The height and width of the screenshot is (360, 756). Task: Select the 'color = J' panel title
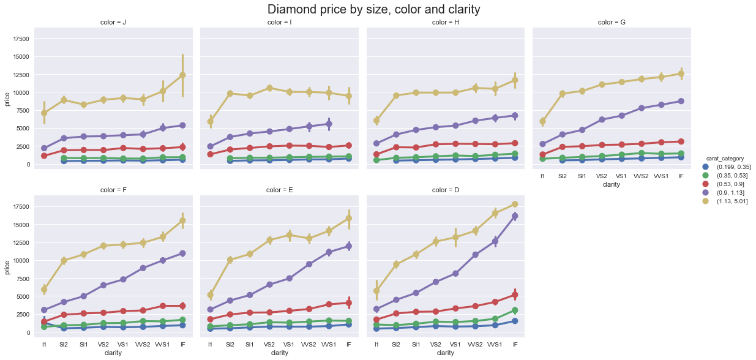[113, 23]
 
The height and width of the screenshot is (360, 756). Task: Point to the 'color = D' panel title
[445, 190]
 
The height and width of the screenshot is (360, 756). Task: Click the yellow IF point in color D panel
[515, 204]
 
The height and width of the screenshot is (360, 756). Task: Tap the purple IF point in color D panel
[515, 216]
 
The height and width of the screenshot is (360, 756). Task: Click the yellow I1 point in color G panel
[542, 121]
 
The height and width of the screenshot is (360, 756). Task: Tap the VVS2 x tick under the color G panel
[642, 176]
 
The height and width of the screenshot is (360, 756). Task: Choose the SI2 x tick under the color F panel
[64, 344]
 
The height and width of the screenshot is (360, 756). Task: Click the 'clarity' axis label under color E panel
[279, 353]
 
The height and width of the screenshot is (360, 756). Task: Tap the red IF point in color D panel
[515, 295]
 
